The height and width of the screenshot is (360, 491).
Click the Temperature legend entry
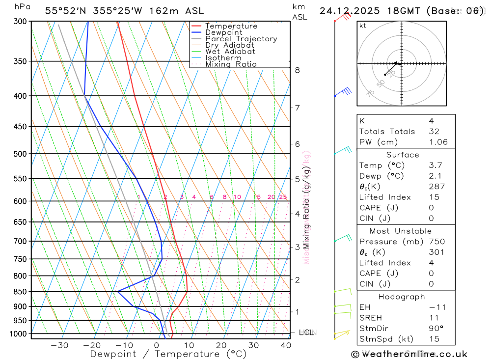click(x=231, y=26)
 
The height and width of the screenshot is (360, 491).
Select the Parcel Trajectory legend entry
click(x=241, y=39)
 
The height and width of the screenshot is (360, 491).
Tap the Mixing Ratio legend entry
click(x=231, y=64)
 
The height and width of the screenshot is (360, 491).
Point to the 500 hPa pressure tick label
click(x=21, y=154)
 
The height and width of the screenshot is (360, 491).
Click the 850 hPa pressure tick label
click(x=21, y=292)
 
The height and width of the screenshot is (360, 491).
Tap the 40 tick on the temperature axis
click(x=286, y=345)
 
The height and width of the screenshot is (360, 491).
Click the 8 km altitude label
click(x=298, y=70)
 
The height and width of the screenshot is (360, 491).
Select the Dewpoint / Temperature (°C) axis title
click(x=168, y=354)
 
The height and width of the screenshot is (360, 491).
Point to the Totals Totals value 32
click(x=434, y=132)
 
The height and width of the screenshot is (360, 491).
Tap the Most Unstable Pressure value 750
click(x=436, y=242)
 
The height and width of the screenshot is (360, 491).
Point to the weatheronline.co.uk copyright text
click(x=409, y=354)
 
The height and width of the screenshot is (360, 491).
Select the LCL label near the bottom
click(x=305, y=332)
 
